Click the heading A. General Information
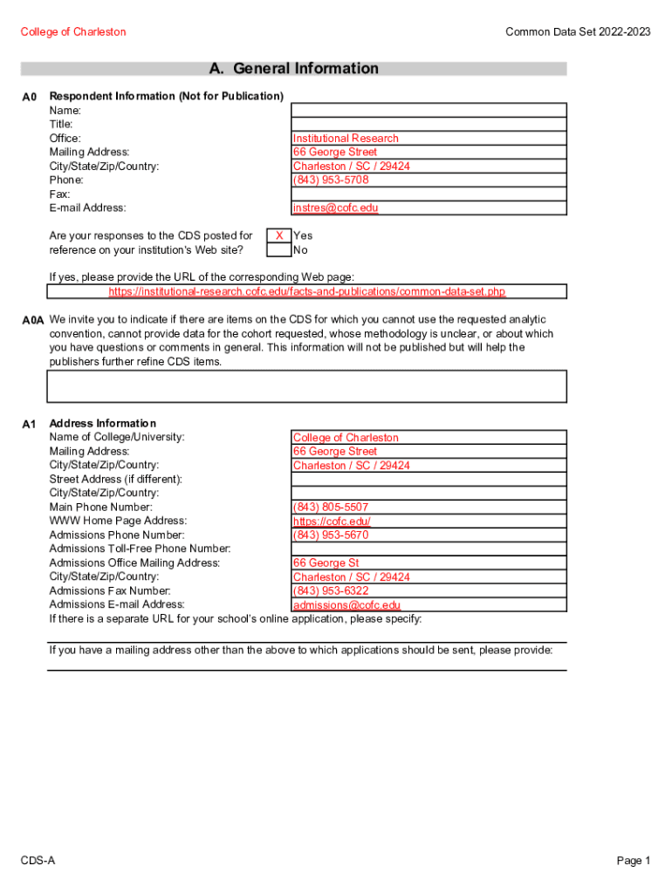click(293, 69)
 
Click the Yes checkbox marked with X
click(278, 235)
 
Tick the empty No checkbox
click(278, 249)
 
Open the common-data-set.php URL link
click(306, 291)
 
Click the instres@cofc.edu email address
click(335, 208)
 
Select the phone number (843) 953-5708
click(331, 180)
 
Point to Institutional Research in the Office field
click(346, 139)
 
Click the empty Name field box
click(428, 111)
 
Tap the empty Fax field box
click(428, 194)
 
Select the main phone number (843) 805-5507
click(331, 508)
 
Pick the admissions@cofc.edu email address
click(346, 605)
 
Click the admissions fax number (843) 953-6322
click(331, 591)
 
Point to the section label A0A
click(32, 321)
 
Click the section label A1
click(29, 425)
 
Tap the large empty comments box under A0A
click(306, 386)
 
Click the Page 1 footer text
click(634, 861)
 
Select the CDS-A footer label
click(38, 861)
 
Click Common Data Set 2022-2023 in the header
click(578, 32)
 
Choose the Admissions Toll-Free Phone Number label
click(140, 549)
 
